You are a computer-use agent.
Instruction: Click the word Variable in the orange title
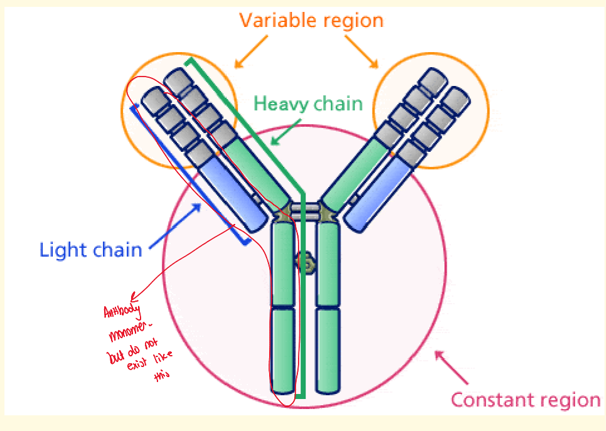[x=275, y=20]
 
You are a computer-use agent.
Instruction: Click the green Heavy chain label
[x=307, y=103]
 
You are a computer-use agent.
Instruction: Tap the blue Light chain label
[x=91, y=250]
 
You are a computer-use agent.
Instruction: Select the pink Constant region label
[x=526, y=400]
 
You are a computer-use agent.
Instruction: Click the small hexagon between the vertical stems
[x=306, y=263]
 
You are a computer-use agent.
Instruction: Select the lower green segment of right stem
[x=327, y=349]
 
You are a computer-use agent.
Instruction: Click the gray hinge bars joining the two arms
[x=305, y=210]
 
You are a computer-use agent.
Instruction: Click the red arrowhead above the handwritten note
[x=132, y=296]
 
